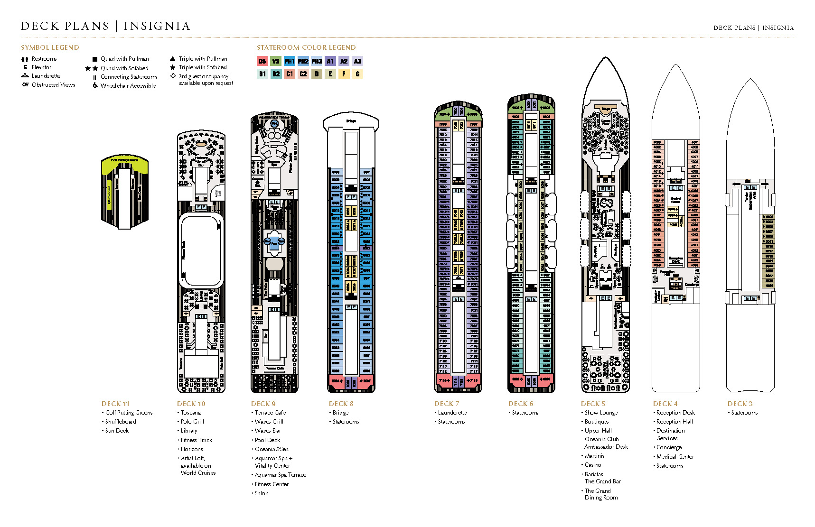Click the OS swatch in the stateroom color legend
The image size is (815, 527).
click(x=262, y=61)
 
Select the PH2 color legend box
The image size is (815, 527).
click(x=303, y=61)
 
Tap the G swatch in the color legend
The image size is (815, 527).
click(x=357, y=74)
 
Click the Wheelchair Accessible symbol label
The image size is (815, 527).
click(x=128, y=86)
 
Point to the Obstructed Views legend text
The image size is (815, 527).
click(x=53, y=85)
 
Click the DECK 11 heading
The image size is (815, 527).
click(x=115, y=404)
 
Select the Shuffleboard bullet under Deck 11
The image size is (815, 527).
click(x=120, y=422)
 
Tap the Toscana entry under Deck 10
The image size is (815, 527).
click(x=190, y=413)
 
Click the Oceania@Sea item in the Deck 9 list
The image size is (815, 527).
click(x=271, y=449)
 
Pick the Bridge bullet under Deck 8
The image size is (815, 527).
click(x=340, y=413)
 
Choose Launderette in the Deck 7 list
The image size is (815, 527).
click(x=452, y=413)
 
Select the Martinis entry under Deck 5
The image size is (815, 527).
click(x=594, y=456)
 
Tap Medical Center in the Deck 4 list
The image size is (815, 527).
click(x=675, y=457)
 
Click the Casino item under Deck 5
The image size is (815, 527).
click(x=593, y=465)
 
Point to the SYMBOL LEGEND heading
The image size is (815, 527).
click(x=50, y=47)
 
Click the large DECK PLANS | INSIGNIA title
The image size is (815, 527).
click(x=105, y=26)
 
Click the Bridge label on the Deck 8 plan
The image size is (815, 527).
click(x=351, y=121)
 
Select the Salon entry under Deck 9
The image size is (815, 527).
click(x=261, y=493)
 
